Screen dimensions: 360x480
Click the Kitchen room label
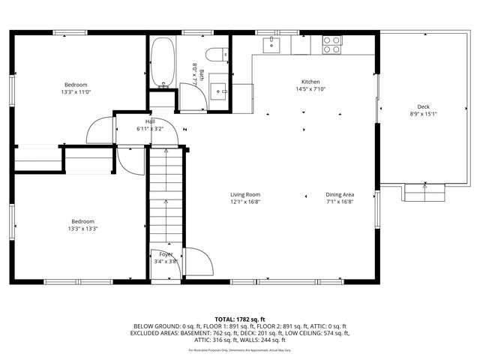point(310,82)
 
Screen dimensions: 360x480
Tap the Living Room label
point(245,194)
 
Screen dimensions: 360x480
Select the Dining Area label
point(340,194)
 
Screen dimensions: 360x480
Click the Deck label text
point(424,106)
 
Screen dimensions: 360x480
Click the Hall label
point(150,121)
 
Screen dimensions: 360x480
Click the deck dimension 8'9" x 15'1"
point(424,114)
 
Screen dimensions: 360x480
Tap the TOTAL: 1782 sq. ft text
point(240,319)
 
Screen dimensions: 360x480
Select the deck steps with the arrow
point(425,193)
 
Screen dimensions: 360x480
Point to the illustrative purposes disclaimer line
point(240,349)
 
